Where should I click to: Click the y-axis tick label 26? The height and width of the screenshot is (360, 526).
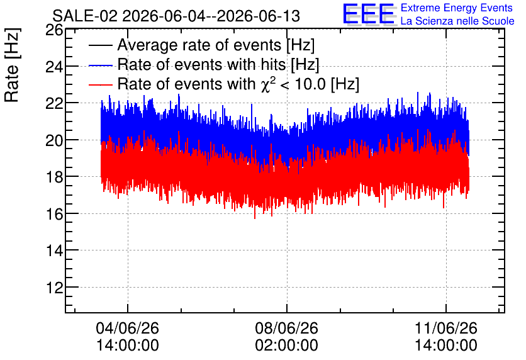click(54, 31)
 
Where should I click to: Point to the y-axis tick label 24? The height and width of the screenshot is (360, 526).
click(54, 67)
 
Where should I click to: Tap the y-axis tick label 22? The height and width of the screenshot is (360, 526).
click(54, 104)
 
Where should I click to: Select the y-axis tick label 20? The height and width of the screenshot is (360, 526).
click(54, 140)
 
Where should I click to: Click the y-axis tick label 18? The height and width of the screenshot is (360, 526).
click(54, 177)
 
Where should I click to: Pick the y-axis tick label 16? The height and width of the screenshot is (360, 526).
click(54, 214)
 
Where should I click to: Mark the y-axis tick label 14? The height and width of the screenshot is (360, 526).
click(54, 250)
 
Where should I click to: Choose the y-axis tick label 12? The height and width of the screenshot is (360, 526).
click(54, 288)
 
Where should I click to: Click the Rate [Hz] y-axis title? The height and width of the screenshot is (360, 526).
click(12, 65)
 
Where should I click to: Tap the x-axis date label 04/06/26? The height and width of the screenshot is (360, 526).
click(128, 328)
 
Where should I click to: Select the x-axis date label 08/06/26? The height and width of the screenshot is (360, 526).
click(286, 328)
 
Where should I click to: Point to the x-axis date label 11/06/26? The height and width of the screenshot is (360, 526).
click(446, 328)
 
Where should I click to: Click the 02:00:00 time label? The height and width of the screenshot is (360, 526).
click(286, 346)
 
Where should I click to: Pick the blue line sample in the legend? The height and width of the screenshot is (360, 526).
click(100, 65)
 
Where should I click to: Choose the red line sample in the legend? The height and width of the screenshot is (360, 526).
click(100, 85)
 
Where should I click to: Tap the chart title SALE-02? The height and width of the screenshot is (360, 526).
click(85, 16)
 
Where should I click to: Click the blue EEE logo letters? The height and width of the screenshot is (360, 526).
click(369, 14)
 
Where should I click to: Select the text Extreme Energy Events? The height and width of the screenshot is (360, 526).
click(457, 8)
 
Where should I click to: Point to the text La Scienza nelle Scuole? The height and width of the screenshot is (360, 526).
click(457, 21)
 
